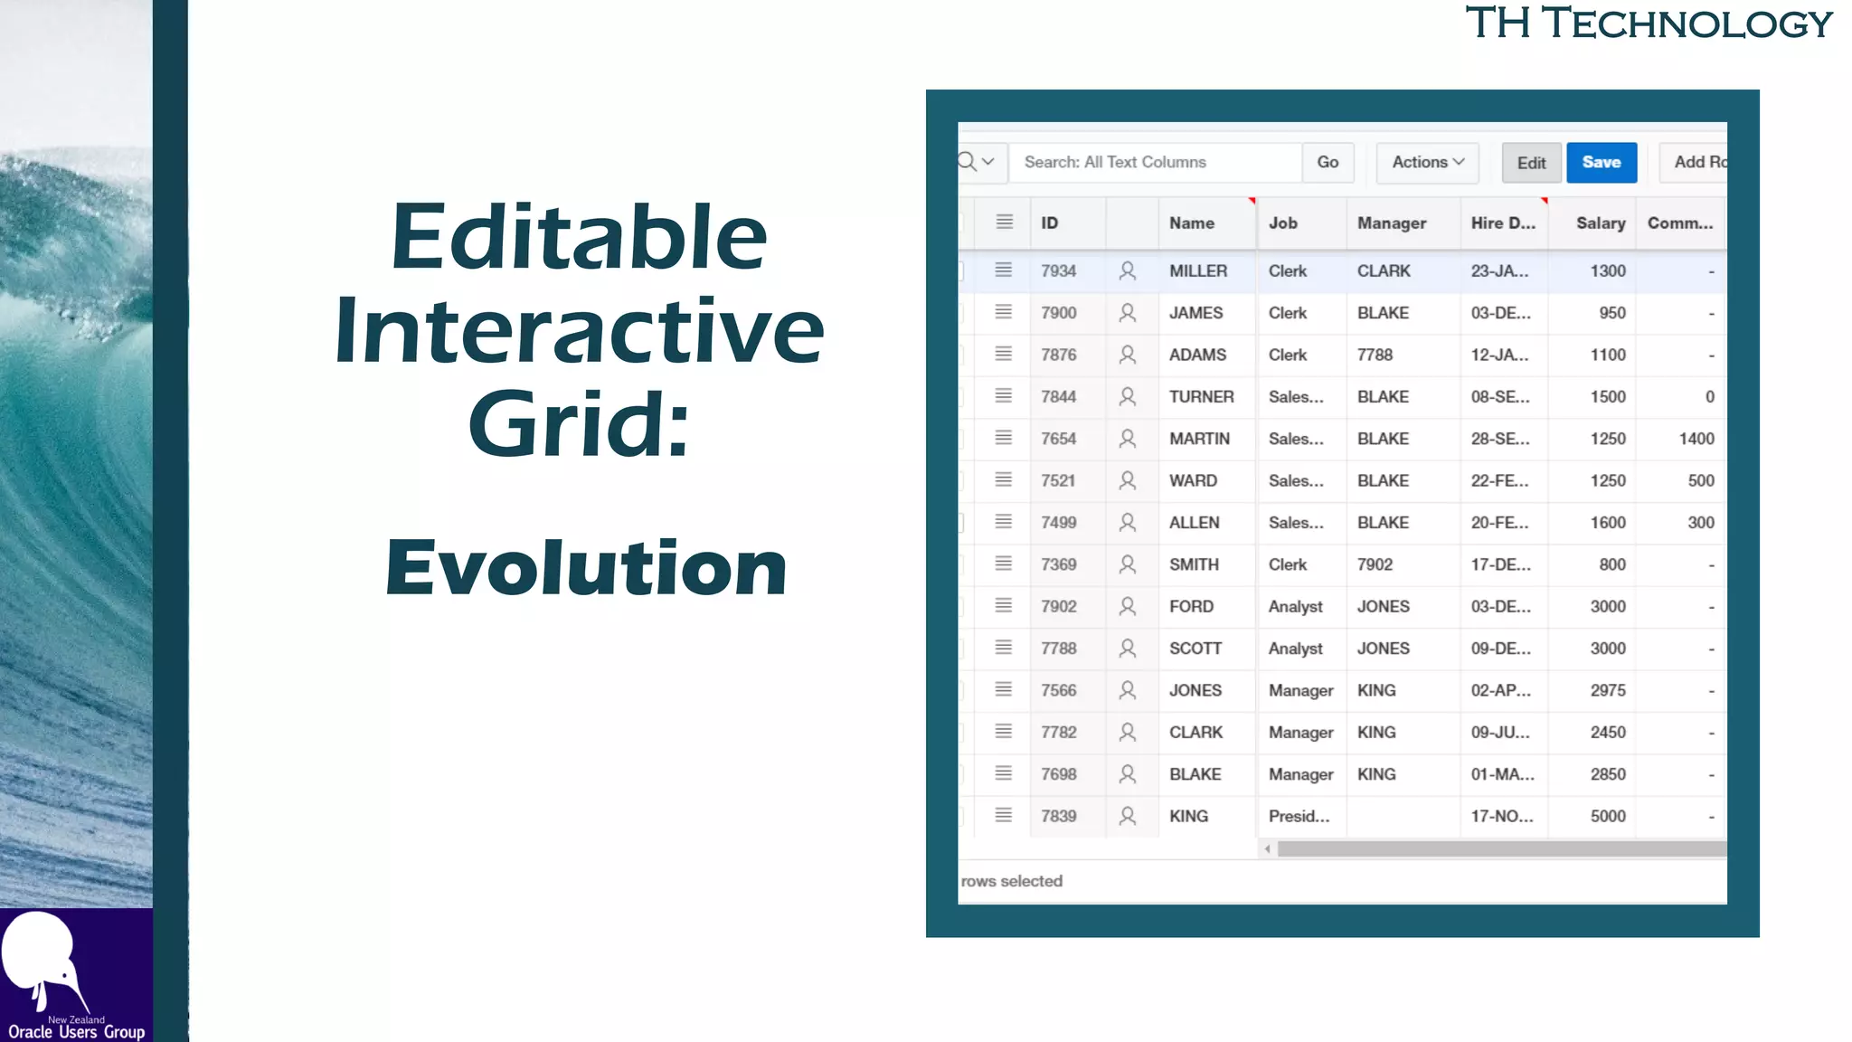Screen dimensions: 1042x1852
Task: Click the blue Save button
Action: click(x=1601, y=163)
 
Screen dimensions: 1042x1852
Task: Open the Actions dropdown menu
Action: click(x=1427, y=163)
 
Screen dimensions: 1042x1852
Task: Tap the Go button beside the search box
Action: click(x=1328, y=163)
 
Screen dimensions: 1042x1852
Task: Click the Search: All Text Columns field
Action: click(x=1155, y=163)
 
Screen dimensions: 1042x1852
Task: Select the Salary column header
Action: click(x=1600, y=223)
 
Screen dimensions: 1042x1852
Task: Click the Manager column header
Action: click(x=1391, y=223)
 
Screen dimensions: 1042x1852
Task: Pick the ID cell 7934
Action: click(x=1058, y=271)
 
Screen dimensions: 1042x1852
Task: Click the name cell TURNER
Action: click(x=1201, y=397)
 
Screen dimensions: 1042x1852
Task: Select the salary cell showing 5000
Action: click(x=1607, y=816)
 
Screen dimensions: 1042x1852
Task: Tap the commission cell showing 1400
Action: click(x=1696, y=439)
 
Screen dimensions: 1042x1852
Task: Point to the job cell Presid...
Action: click(x=1299, y=816)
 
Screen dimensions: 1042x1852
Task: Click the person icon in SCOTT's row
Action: click(x=1127, y=649)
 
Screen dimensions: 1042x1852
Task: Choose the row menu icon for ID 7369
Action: click(x=1003, y=564)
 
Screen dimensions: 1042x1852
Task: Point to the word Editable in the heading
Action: click(x=579, y=237)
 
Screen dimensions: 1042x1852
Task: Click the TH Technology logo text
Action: click(x=1649, y=24)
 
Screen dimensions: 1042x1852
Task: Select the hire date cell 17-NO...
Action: click(x=1501, y=816)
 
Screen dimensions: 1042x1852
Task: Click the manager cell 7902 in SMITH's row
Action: click(x=1375, y=564)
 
